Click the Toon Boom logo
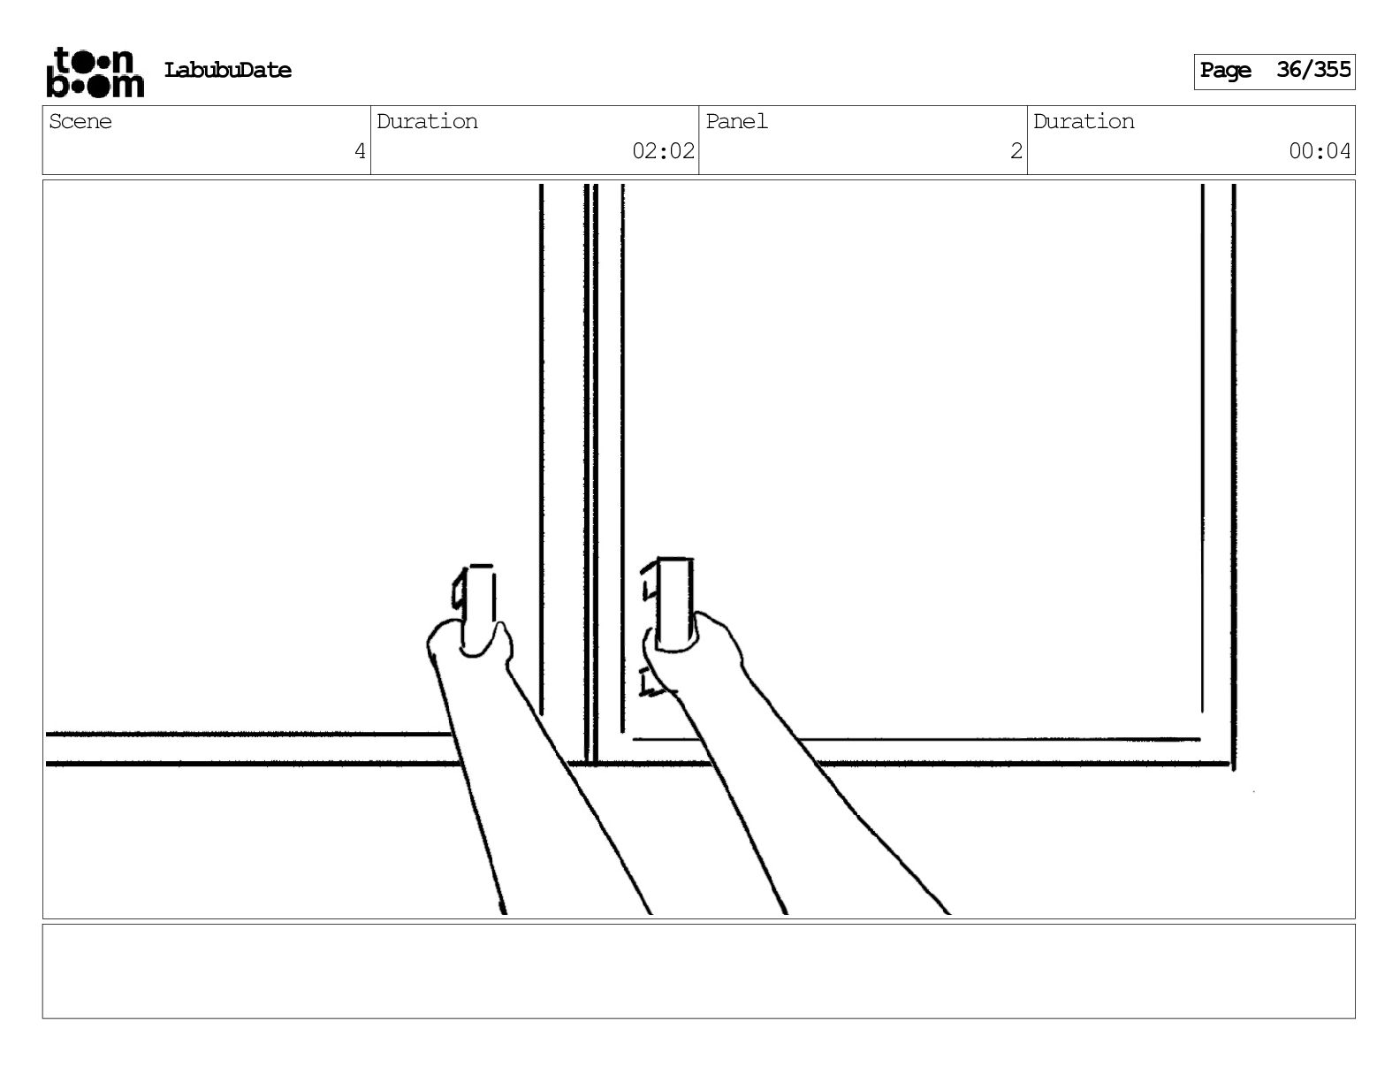(95, 72)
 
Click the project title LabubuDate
(227, 71)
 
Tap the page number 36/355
(1313, 70)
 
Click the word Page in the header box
(1225, 71)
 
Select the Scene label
(80, 122)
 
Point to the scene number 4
(360, 151)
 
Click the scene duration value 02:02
(663, 151)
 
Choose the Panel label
(736, 122)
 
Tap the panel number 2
(1016, 151)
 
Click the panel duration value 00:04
(1320, 151)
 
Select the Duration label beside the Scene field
(427, 122)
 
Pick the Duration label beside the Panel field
(1084, 122)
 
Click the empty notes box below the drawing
(698, 971)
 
